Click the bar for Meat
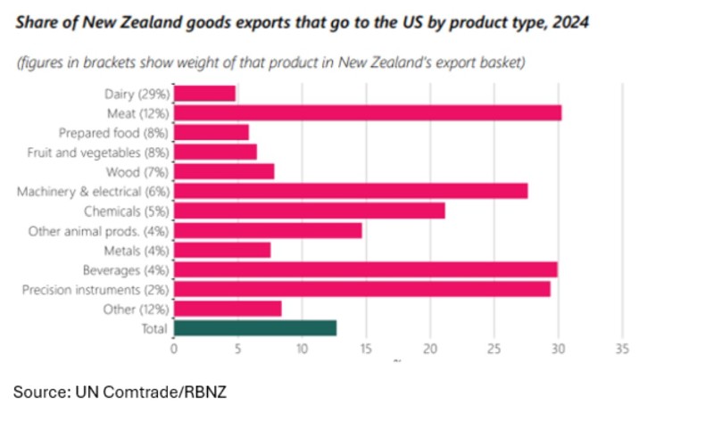click(x=368, y=112)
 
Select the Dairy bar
click(x=205, y=93)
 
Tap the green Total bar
click(x=255, y=328)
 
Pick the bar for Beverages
click(x=366, y=269)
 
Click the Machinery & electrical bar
click(x=351, y=191)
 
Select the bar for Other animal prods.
click(x=268, y=230)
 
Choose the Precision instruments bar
click(x=362, y=289)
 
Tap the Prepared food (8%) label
click(x=114, y=132)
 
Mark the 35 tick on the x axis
click(x=622, y=349)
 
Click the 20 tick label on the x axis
click(x=430, y=349)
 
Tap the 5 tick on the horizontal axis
click(x=238, y=349)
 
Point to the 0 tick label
click(x=175, y=349)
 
